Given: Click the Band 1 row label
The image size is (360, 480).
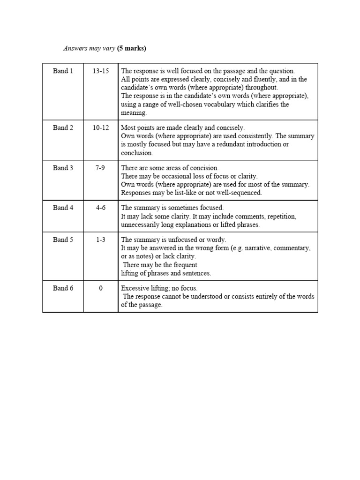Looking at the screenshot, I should point(63,71).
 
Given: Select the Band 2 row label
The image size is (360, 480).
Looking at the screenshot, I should point(63,127).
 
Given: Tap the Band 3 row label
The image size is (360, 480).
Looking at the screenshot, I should point(63,168).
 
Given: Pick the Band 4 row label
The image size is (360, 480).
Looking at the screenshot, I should point(63,208).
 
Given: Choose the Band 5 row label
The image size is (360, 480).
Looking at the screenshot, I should point(63,240).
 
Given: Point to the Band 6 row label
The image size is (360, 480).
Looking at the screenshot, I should point(63,288).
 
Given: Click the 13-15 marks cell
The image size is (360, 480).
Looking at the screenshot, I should point(101,71).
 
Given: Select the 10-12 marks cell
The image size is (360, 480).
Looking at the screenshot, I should point(101,127).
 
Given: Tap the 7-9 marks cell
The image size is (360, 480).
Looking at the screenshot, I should point(101,168).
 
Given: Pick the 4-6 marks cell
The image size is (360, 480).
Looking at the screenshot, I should point(101,208).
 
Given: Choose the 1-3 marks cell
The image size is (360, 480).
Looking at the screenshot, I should point(101,240).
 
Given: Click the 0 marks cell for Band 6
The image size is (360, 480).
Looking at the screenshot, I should point(101,288).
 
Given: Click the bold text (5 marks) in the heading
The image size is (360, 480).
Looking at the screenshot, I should point(132,48).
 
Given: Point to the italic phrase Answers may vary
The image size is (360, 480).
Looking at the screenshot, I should point(89,48).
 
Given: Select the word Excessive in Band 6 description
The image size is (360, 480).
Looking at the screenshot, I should point(136,288).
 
